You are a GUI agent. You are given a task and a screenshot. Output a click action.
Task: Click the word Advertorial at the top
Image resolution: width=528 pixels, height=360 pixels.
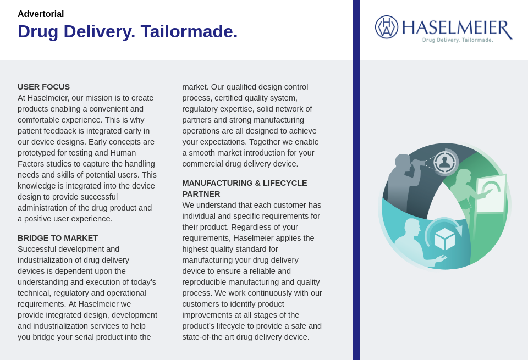click(x=41, y=14)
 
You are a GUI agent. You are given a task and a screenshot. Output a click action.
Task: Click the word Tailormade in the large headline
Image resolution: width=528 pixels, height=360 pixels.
click(x=189, y=31)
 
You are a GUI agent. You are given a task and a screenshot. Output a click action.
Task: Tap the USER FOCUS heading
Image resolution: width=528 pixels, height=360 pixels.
click(x=43, y=87)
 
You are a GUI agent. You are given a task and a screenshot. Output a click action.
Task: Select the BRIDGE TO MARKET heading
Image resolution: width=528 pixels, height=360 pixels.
click(x=58, y=238)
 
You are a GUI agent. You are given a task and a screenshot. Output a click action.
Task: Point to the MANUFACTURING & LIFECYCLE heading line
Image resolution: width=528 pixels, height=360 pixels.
click(x=245, y=183)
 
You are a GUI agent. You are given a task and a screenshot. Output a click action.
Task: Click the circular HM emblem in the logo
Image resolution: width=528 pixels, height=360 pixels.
click(x=387, y=27)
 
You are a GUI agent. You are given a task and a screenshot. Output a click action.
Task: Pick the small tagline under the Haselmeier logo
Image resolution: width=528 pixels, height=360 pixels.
click(x=458, y=40)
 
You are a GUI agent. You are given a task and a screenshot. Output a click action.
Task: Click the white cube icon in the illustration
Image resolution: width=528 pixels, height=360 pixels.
click(x=444, y=239)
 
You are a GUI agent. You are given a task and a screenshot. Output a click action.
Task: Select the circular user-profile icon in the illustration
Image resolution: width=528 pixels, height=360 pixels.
click(x=444, y=162)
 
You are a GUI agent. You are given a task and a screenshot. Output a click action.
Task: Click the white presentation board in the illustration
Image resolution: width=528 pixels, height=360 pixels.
click(x=491, y=193)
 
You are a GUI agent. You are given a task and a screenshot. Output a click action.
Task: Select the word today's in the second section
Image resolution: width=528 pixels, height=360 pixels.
click(x=142, y=282)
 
